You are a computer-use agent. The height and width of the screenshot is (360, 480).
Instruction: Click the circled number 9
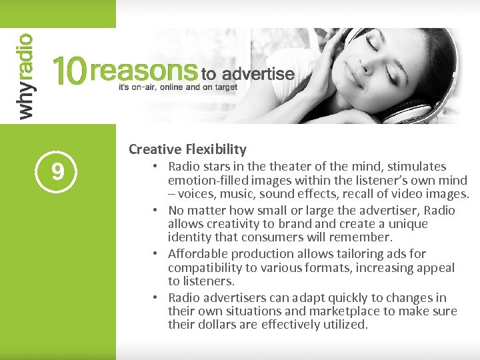(58, 172)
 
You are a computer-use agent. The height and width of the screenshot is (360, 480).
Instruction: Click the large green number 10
(69, 71)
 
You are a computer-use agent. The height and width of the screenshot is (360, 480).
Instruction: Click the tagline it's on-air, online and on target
(177, 87)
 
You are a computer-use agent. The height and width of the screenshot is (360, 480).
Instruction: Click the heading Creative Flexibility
(187, 149)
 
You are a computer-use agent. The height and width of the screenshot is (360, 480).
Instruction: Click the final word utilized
(343, 325)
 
